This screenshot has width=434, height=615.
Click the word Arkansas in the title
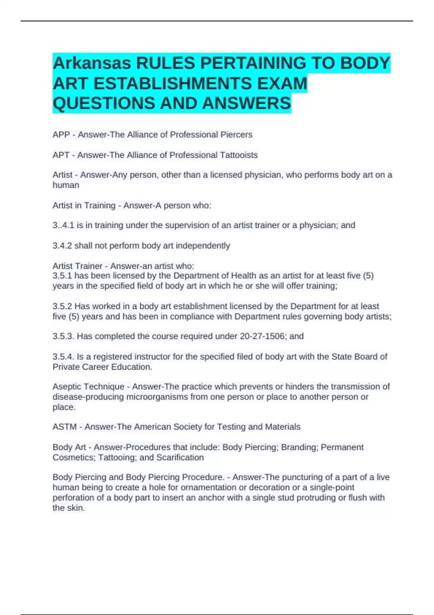tap(92, 64)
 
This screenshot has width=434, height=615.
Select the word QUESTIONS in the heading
tap(104, 103)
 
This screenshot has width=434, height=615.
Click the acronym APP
tap(61, 135)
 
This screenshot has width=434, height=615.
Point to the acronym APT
tap(61, 155)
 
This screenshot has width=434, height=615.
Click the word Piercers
tap(237, 135)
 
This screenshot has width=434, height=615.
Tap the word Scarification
tap(180, 458)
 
